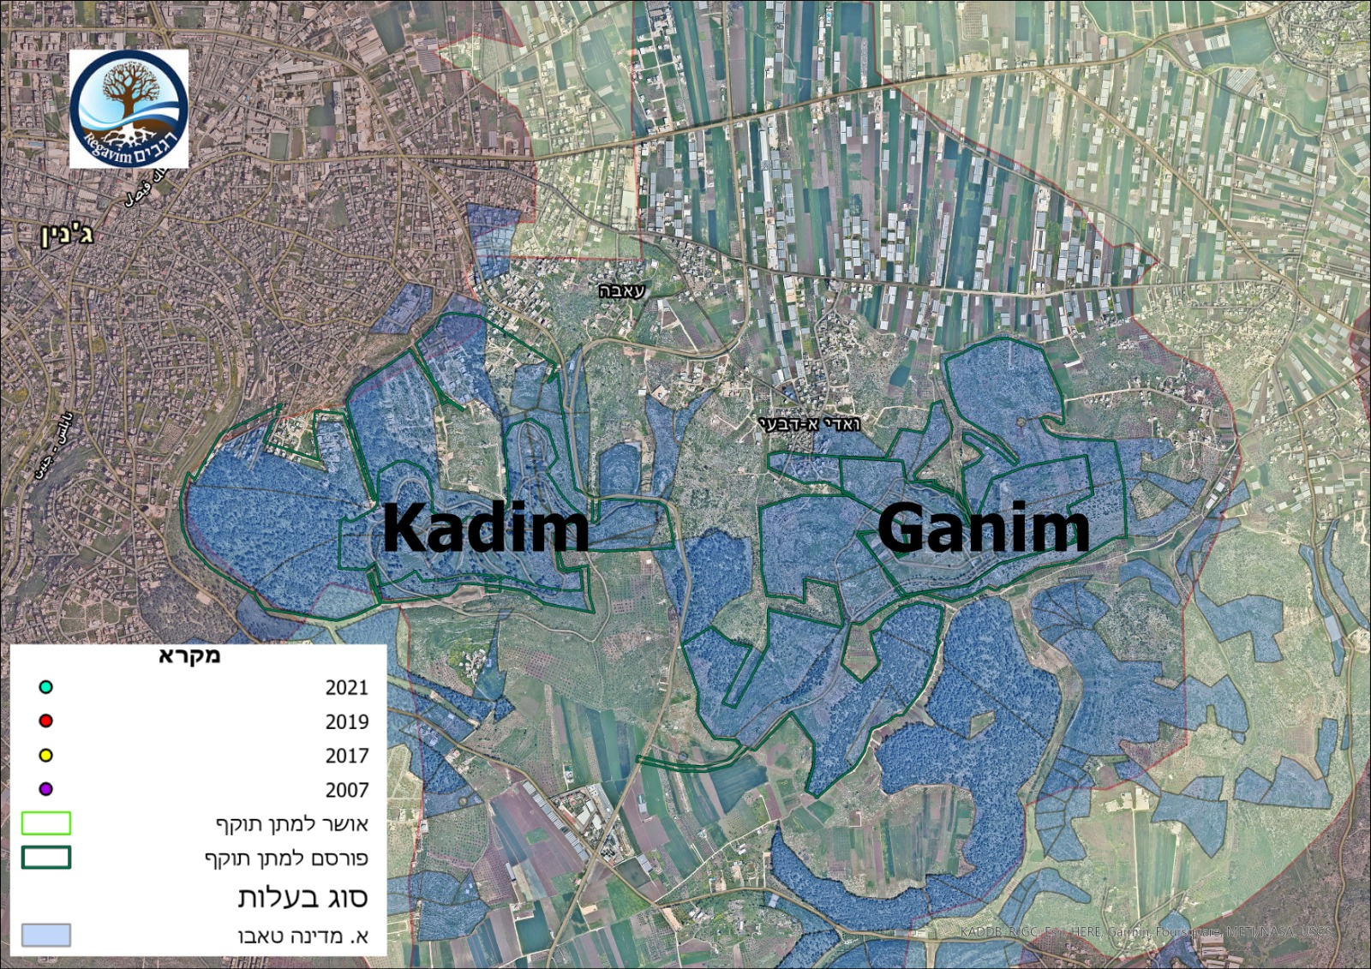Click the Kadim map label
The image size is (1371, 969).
[485, 528]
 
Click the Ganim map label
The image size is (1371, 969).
[983, 528]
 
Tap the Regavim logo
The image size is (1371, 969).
[129, 109]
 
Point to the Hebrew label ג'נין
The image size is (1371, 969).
[67, 234]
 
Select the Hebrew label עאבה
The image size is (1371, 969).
[621, 291]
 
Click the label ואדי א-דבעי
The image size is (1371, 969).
[809, 424]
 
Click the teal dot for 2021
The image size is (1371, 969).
[46, 687]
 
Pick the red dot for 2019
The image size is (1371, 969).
[46, 721]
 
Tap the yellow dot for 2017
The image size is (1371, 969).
[46, 756]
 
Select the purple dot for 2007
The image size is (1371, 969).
[46, 789]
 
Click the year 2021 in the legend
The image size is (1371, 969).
[346, 688]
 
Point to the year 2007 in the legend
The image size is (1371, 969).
[346, 790]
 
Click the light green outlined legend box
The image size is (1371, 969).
[46, 823]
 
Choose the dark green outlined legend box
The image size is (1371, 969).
[46, 858]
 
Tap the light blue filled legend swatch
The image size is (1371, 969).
[46, 935]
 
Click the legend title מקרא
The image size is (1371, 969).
[189, 656]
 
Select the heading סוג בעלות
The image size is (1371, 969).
[302, 897]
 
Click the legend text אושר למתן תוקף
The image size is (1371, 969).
[291, 824]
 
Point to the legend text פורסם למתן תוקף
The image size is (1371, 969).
[286, 858]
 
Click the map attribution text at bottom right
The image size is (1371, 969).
[1146, 931]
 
